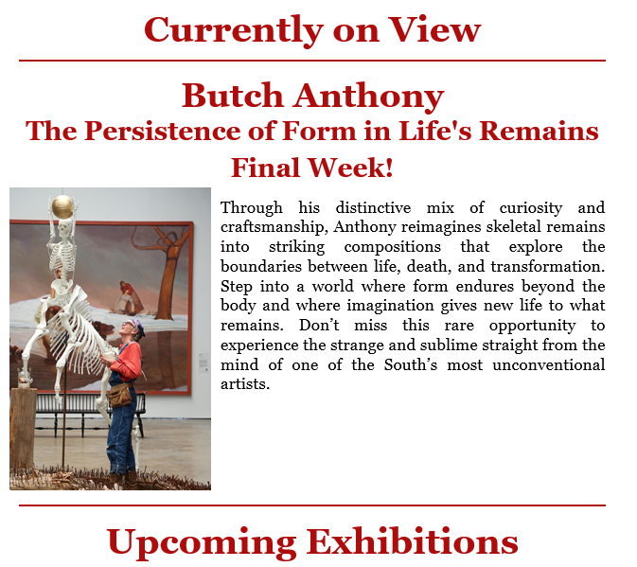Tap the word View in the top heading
coord(434,29)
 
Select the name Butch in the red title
coord(233,96)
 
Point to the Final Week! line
coord(312,168)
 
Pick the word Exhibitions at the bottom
coord(412,541)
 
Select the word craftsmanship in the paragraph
coord(274,227)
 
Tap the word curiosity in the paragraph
coord(531,208)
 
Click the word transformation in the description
coord(548,266)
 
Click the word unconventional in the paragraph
coord(548,364)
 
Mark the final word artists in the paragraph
coord(245,383)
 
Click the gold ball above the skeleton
coord(62,206)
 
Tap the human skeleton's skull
coord(64,227)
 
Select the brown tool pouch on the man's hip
coord(120,395)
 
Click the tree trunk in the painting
coord(171,276)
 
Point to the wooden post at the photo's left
coord(23,430)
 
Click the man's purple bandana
coord(135,325)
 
